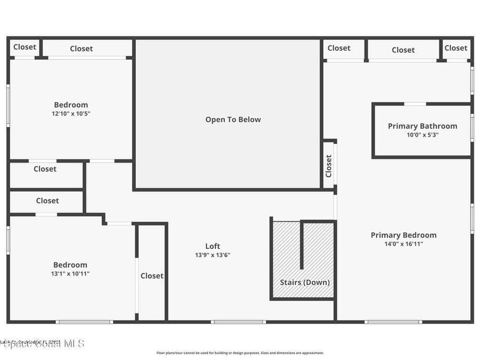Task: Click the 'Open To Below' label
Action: [233, 120]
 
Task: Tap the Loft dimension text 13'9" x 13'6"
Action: [213, 255]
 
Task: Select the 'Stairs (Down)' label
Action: [305, 282]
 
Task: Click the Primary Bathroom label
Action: [422, 126]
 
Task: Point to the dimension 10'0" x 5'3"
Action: [422, 135]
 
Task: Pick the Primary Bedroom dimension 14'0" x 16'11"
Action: [404, 244]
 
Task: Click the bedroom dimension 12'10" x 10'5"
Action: [71, 113]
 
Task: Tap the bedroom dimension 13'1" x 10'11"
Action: [70, 273]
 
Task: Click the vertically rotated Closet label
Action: [329, 166]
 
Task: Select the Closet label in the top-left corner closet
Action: [24, 47]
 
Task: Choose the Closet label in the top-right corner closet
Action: [456, 48]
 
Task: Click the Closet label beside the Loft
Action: [152, 276]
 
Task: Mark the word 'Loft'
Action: [212, 246]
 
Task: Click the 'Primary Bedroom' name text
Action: [404, 235]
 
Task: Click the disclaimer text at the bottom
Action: [240, 353]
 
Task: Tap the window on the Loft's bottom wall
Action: [238, 322]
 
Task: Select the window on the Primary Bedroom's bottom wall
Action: [393, 322]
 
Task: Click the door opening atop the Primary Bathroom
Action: [415, 104]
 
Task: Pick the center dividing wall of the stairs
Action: [302, 245]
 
